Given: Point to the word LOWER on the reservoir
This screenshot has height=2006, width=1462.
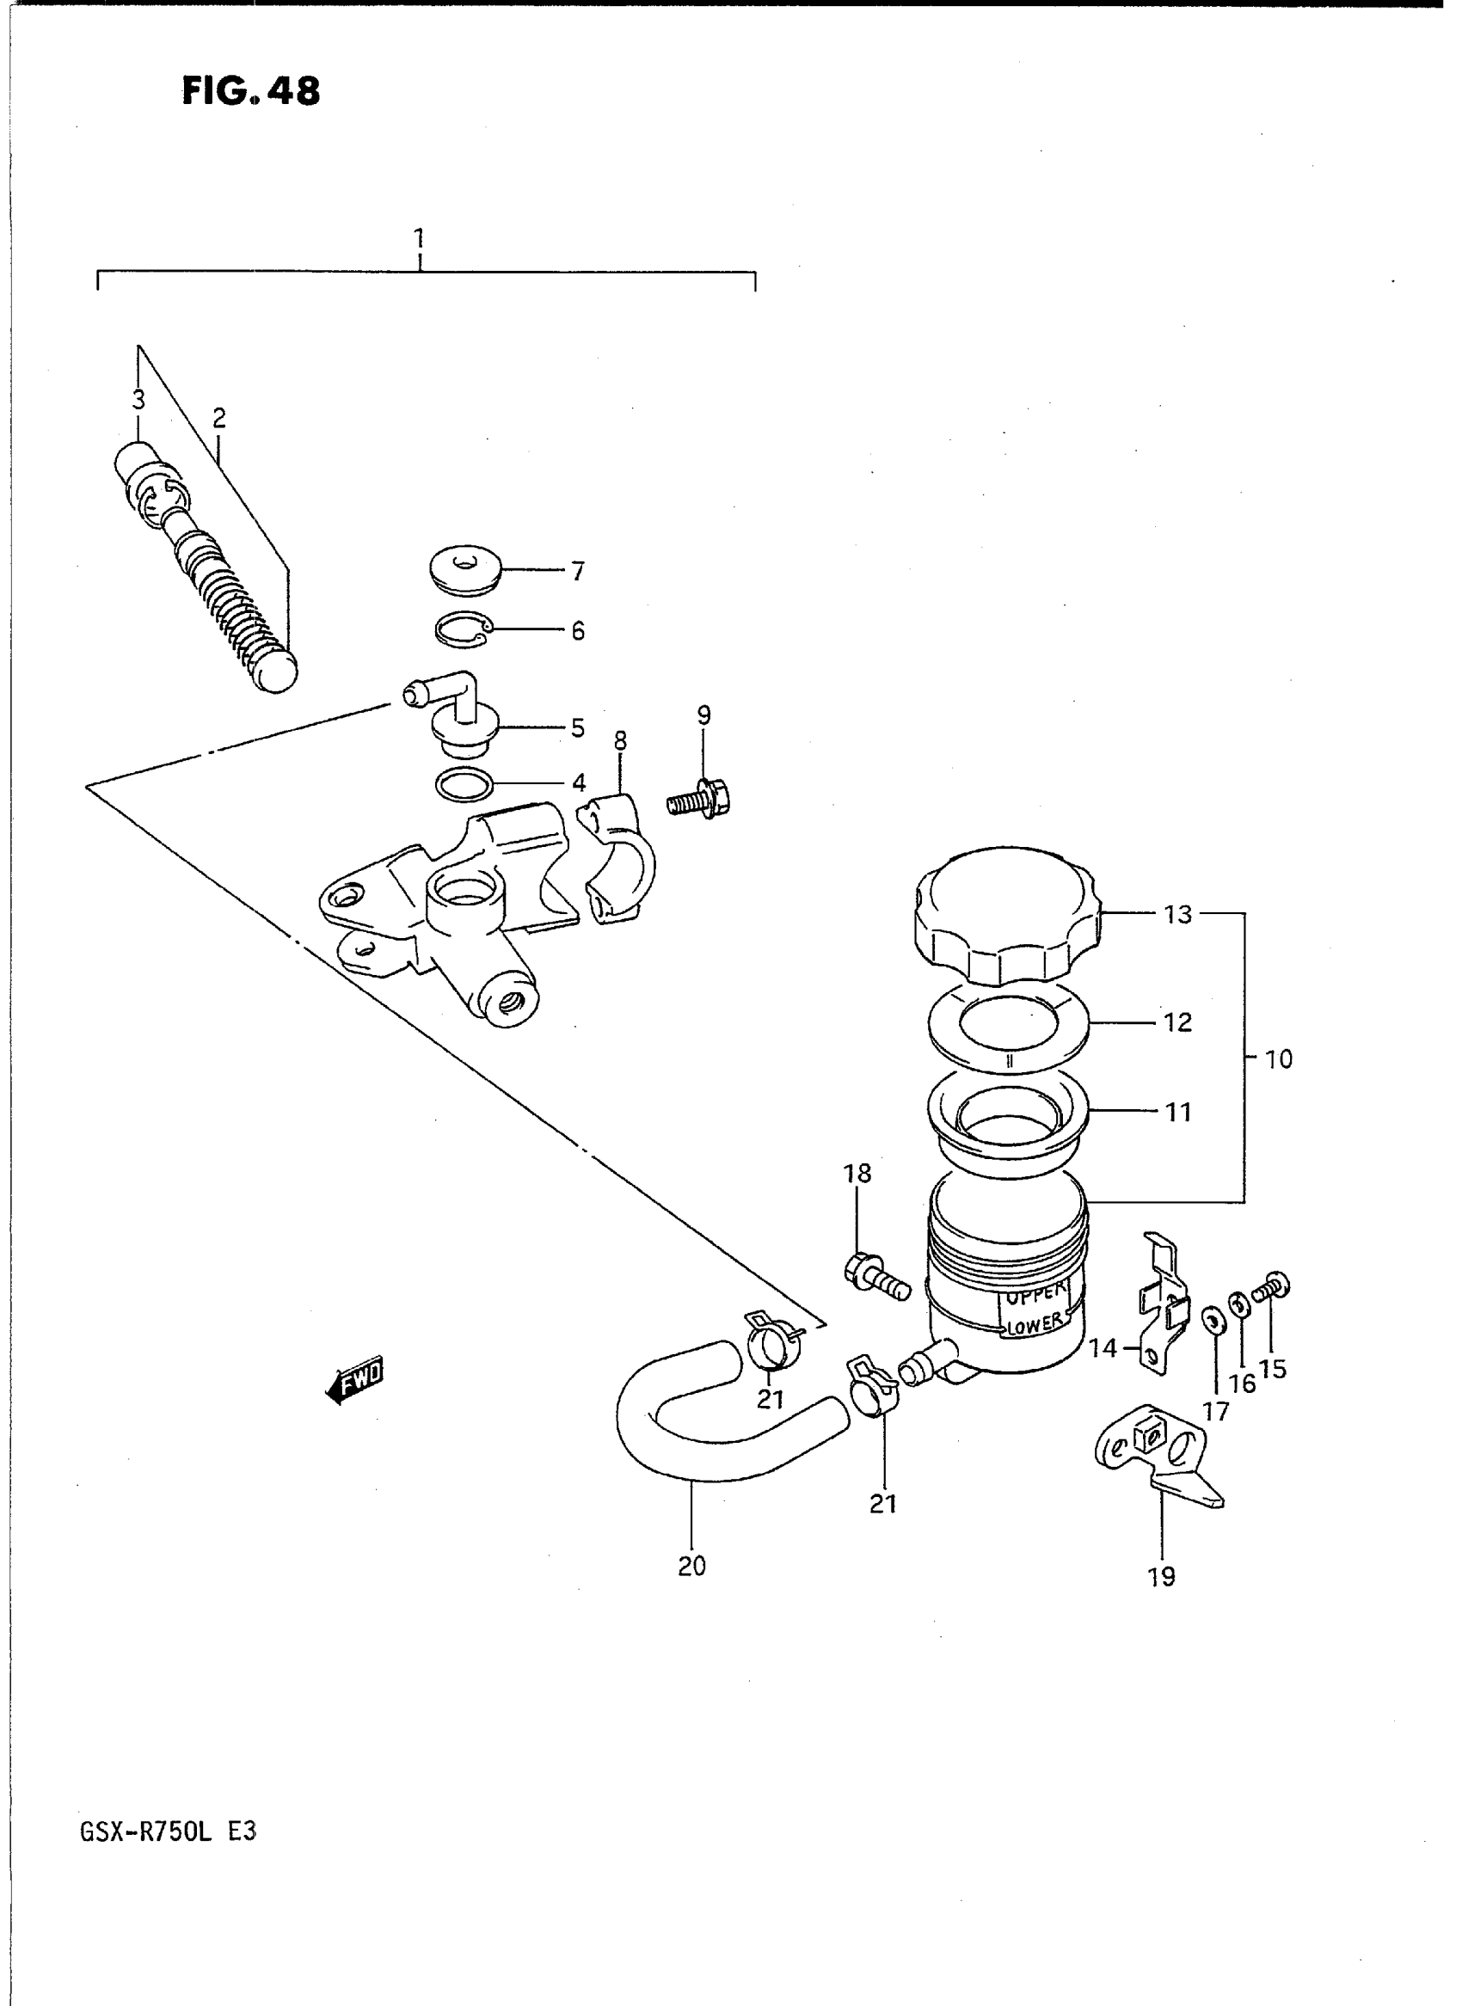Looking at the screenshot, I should pos(1035,1348).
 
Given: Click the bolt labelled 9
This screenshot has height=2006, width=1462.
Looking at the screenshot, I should pos(701,801).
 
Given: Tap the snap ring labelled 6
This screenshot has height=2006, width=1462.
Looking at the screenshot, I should pos(464,629).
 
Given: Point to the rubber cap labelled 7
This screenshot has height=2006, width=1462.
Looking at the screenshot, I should pos(465,571).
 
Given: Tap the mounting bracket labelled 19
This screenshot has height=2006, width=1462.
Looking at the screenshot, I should pos(1155,1462).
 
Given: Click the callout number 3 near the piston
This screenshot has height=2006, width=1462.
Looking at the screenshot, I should pos(138,400).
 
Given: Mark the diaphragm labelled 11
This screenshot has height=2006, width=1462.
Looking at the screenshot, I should pos(1008,1117).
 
